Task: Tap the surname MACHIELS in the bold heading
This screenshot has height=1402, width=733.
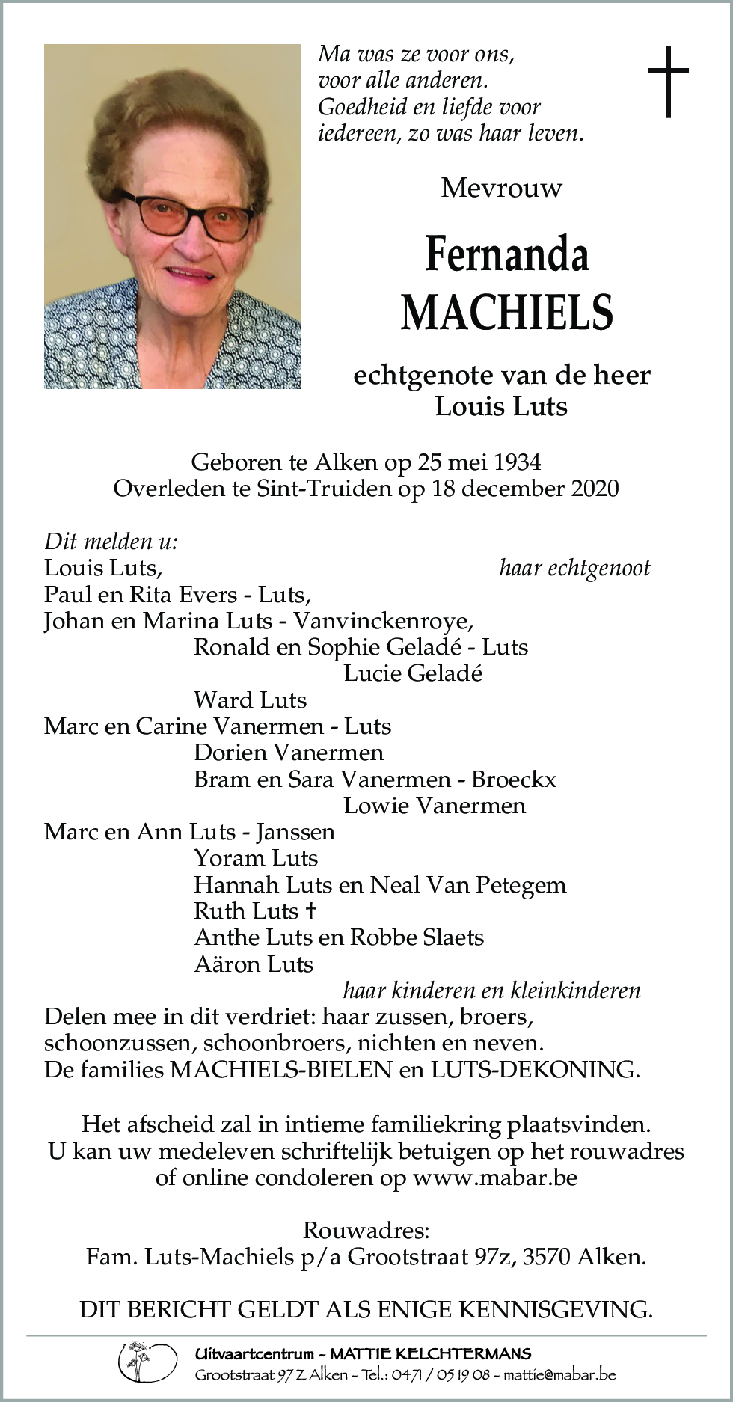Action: (x=506, y=313)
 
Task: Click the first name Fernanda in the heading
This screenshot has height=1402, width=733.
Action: (x=506, y=254)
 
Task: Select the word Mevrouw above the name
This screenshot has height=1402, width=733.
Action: (x=501, y=187)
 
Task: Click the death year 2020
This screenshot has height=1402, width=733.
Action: (x=595, y=489)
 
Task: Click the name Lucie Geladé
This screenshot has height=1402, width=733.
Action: (x=412, y=673)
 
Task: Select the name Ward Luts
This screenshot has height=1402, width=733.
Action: (x=250, y=700)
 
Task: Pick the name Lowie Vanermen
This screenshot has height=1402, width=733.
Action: (x=434, y=806)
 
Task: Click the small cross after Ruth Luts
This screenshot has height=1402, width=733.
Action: (x=310, y=910)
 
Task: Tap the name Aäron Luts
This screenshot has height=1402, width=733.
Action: (x=253, y=964)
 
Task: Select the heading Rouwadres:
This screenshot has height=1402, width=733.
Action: (x=366, y=1230)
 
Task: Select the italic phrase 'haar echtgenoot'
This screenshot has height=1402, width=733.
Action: (x=574, y=568)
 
